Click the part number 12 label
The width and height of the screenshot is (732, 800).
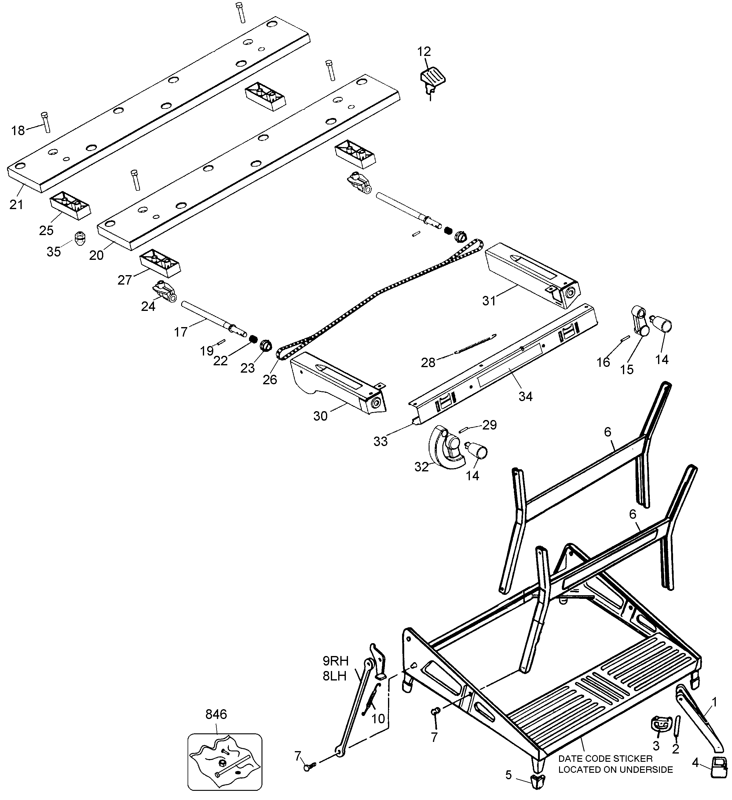(424, 52)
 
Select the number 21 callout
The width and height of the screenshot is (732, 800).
(16, 205)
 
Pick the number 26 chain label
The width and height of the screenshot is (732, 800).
(270, 380)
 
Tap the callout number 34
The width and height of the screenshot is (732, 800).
(525, 396)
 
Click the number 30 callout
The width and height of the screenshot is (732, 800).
(320, 416)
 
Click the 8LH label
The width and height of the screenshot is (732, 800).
(335, 676)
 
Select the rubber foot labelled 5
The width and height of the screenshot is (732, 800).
(536, 780)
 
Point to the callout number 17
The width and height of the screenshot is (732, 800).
(181, 332)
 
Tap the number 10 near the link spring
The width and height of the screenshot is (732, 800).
(378, 719)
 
